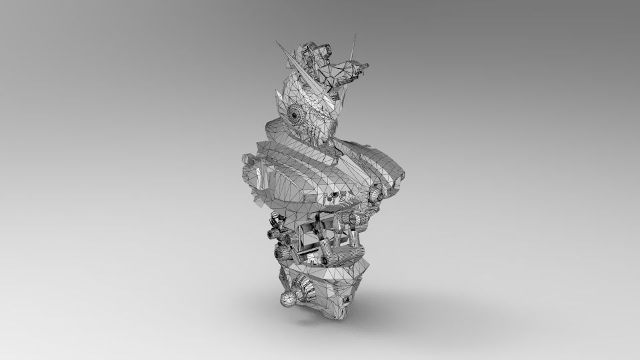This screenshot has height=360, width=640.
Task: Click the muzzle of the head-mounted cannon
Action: (365, 65)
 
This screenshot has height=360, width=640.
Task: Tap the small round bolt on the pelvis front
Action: (347, 301)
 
